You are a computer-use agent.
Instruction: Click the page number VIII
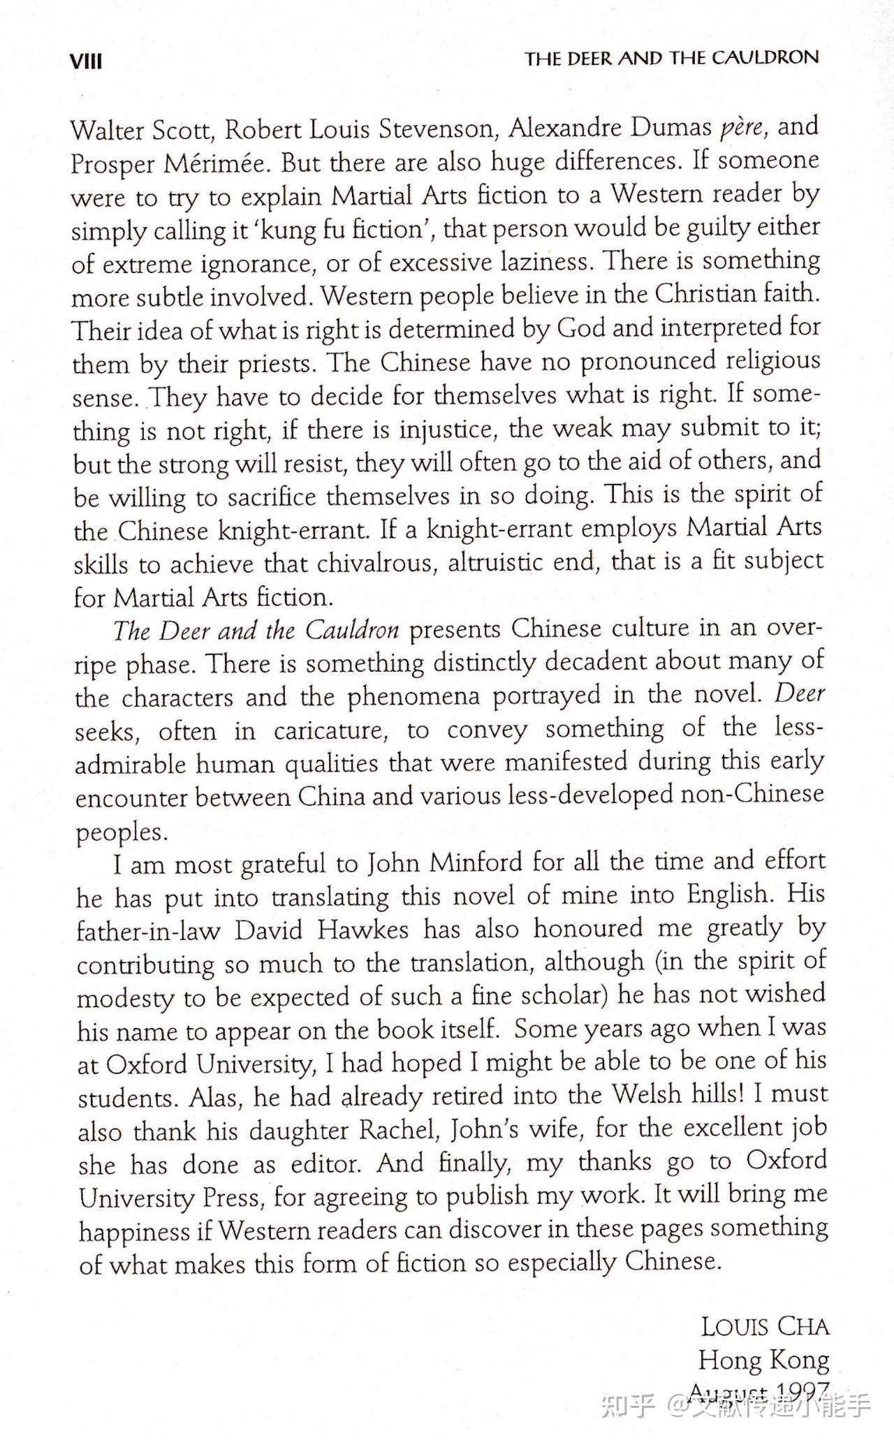[x=86, y=61]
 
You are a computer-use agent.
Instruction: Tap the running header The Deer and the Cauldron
[x=672, y=58]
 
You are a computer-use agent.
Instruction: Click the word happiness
[x=134, y=1231]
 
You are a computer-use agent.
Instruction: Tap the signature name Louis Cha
[x=765, y=1326]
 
